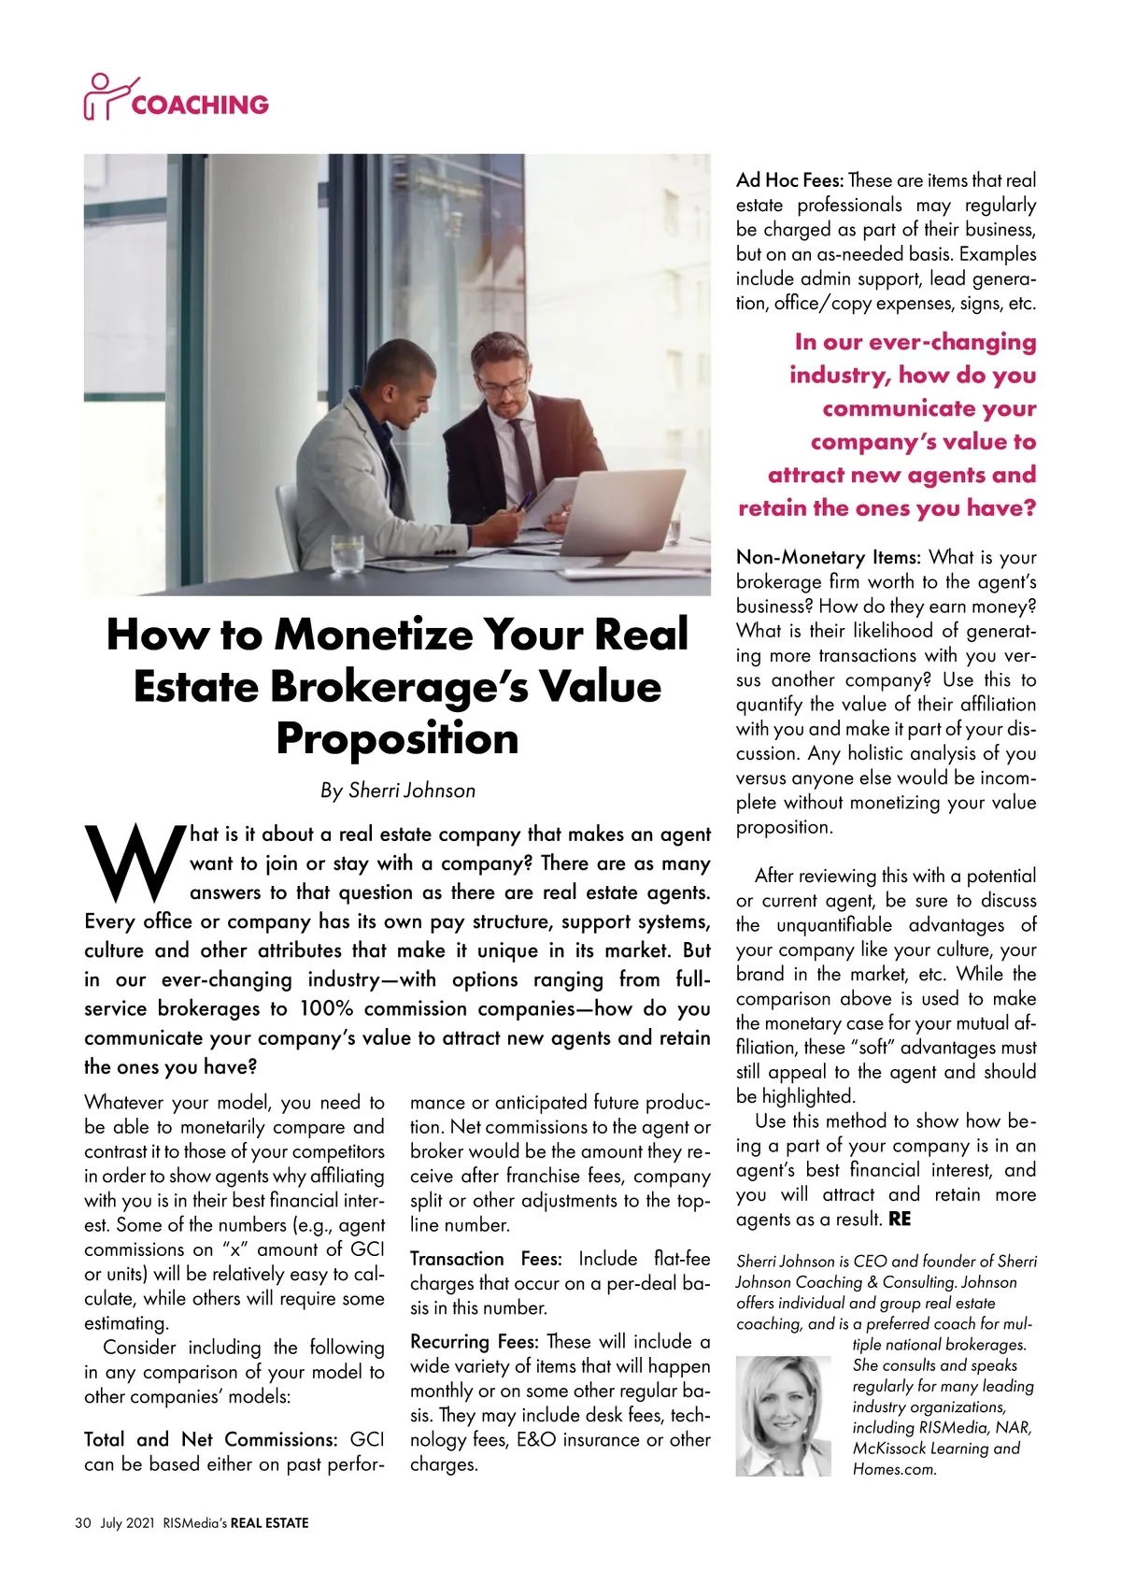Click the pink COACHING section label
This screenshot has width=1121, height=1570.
click(x=200, y=104)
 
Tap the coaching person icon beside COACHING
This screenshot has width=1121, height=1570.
click(x=106, y=96)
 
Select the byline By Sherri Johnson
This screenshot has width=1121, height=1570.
click(x=397, y=791)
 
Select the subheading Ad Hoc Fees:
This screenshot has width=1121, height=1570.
click(x=789, y=180)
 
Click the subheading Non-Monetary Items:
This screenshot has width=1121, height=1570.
click(x=828, y=558)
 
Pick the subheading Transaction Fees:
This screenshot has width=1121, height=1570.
click(x=485, y=1259)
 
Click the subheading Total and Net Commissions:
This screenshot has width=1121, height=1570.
click(x=210, y=1439)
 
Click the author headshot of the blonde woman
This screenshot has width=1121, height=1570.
click(x=782, y=1416)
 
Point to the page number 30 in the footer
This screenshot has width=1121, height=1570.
click(x=82, y=1522)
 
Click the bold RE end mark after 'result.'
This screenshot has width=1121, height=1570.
click(x=900, y=1220)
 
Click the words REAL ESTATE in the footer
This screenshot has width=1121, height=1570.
click(x=269, y=1522)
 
